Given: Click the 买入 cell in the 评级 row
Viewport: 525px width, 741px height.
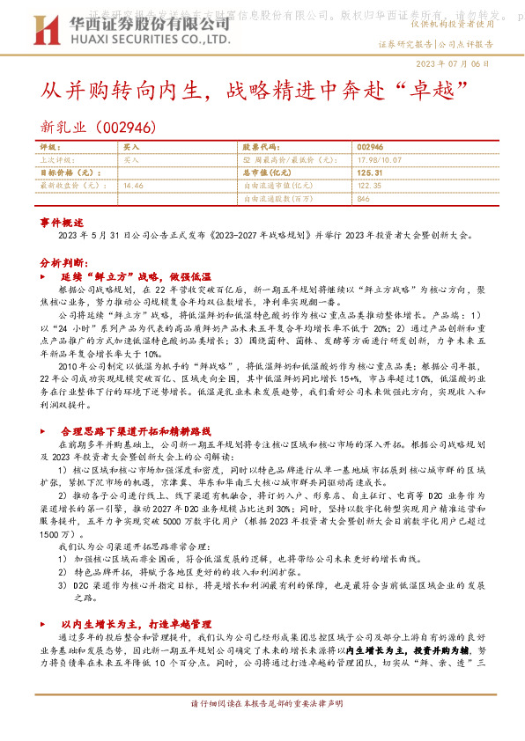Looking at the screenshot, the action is tap(131, 148).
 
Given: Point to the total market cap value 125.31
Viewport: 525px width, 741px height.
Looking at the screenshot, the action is tap(370, 173).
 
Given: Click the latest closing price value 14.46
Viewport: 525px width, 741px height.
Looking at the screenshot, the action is tap(134, 186).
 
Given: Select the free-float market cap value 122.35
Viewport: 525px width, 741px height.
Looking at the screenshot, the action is tap(370, 186).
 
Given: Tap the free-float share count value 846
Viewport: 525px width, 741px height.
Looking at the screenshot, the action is tap(363, 199).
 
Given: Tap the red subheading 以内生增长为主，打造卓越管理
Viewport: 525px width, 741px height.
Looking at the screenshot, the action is tap(137, 622).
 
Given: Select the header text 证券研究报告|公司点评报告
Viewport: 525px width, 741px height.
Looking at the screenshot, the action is tap(435, 42).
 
